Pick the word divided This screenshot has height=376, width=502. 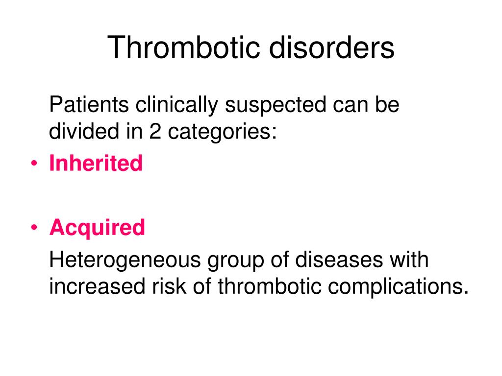tap(80, 132)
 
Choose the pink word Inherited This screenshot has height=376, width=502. tap(96, 163)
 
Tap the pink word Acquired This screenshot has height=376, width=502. tap(97, 228)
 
